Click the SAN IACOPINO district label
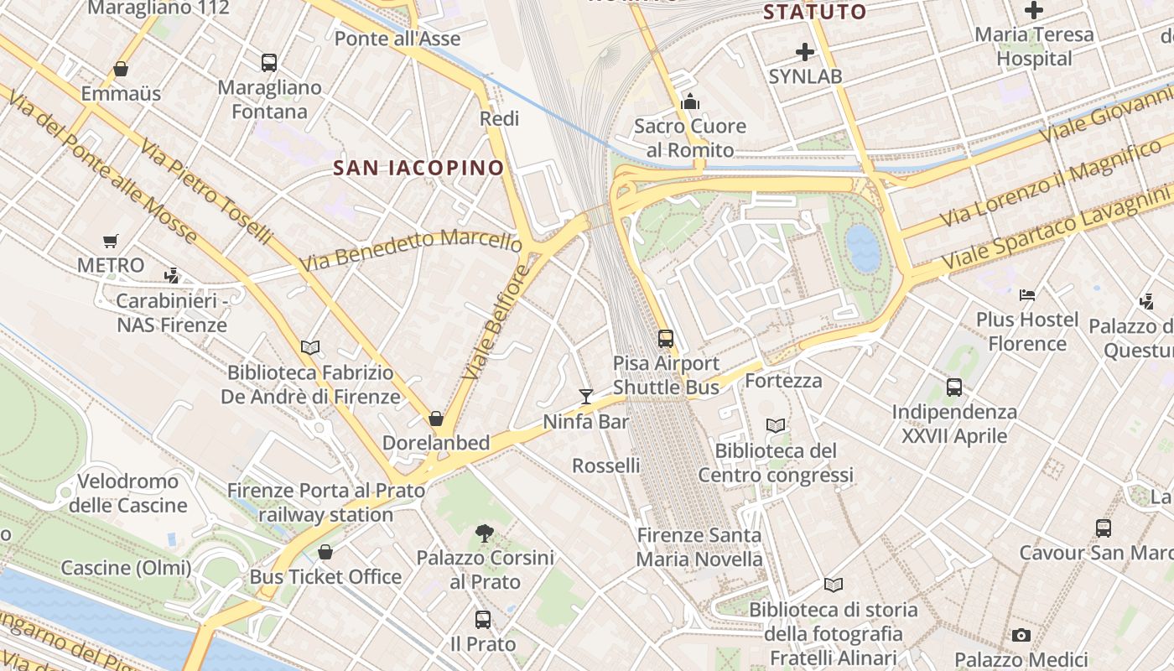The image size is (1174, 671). (418, 168)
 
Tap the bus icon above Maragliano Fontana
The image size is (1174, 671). (269, 62)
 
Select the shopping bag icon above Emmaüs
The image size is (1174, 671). (121, 69)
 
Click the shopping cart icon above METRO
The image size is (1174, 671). (110, 242)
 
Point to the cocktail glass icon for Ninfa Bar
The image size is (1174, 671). (586, 396)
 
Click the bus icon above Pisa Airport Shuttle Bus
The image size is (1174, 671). (666, 339)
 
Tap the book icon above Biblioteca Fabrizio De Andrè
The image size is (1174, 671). (310, 347)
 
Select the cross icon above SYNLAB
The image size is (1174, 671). (805, 52)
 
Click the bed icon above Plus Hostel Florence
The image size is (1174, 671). (1027, 294)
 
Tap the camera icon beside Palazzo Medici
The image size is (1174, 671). (1021, 635)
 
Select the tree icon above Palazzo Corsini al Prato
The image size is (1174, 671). (484, 532)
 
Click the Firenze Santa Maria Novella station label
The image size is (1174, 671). (699, 547)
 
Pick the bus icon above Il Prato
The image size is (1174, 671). (483, 620)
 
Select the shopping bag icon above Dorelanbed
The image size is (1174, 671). (436, 418)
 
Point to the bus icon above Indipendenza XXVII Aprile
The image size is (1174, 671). (954, 388)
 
